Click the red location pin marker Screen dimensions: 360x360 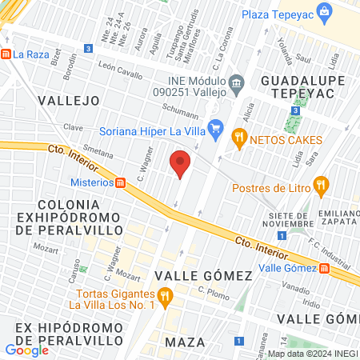coord(181,164)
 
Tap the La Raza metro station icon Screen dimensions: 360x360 coord(6,54)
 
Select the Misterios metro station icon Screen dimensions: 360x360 coord(120,182)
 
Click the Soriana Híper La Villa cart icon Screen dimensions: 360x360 coord(214,126)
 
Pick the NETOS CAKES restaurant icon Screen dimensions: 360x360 coord(238,137)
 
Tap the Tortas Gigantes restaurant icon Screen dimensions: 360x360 coord(165,299)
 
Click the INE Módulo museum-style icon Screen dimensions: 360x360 coord(235,82)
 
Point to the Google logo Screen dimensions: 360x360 coord(26,350)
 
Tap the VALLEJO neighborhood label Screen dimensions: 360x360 coord(68,100)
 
